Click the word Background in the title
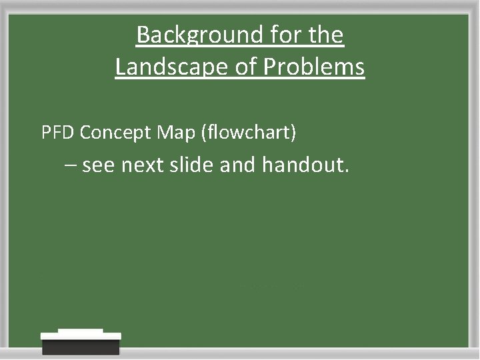point(189,35)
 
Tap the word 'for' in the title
point(273,35)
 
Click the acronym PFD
point(58,133)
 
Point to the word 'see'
point(99,165)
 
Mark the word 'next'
point(142,165)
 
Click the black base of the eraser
point(81,347)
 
